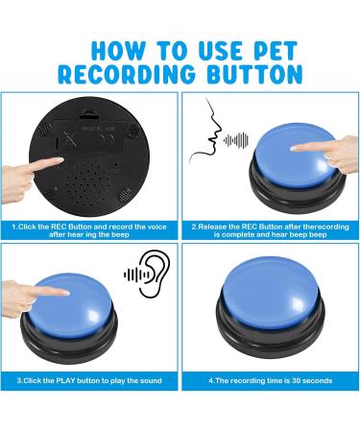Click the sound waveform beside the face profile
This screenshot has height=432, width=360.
tap(236, 140)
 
